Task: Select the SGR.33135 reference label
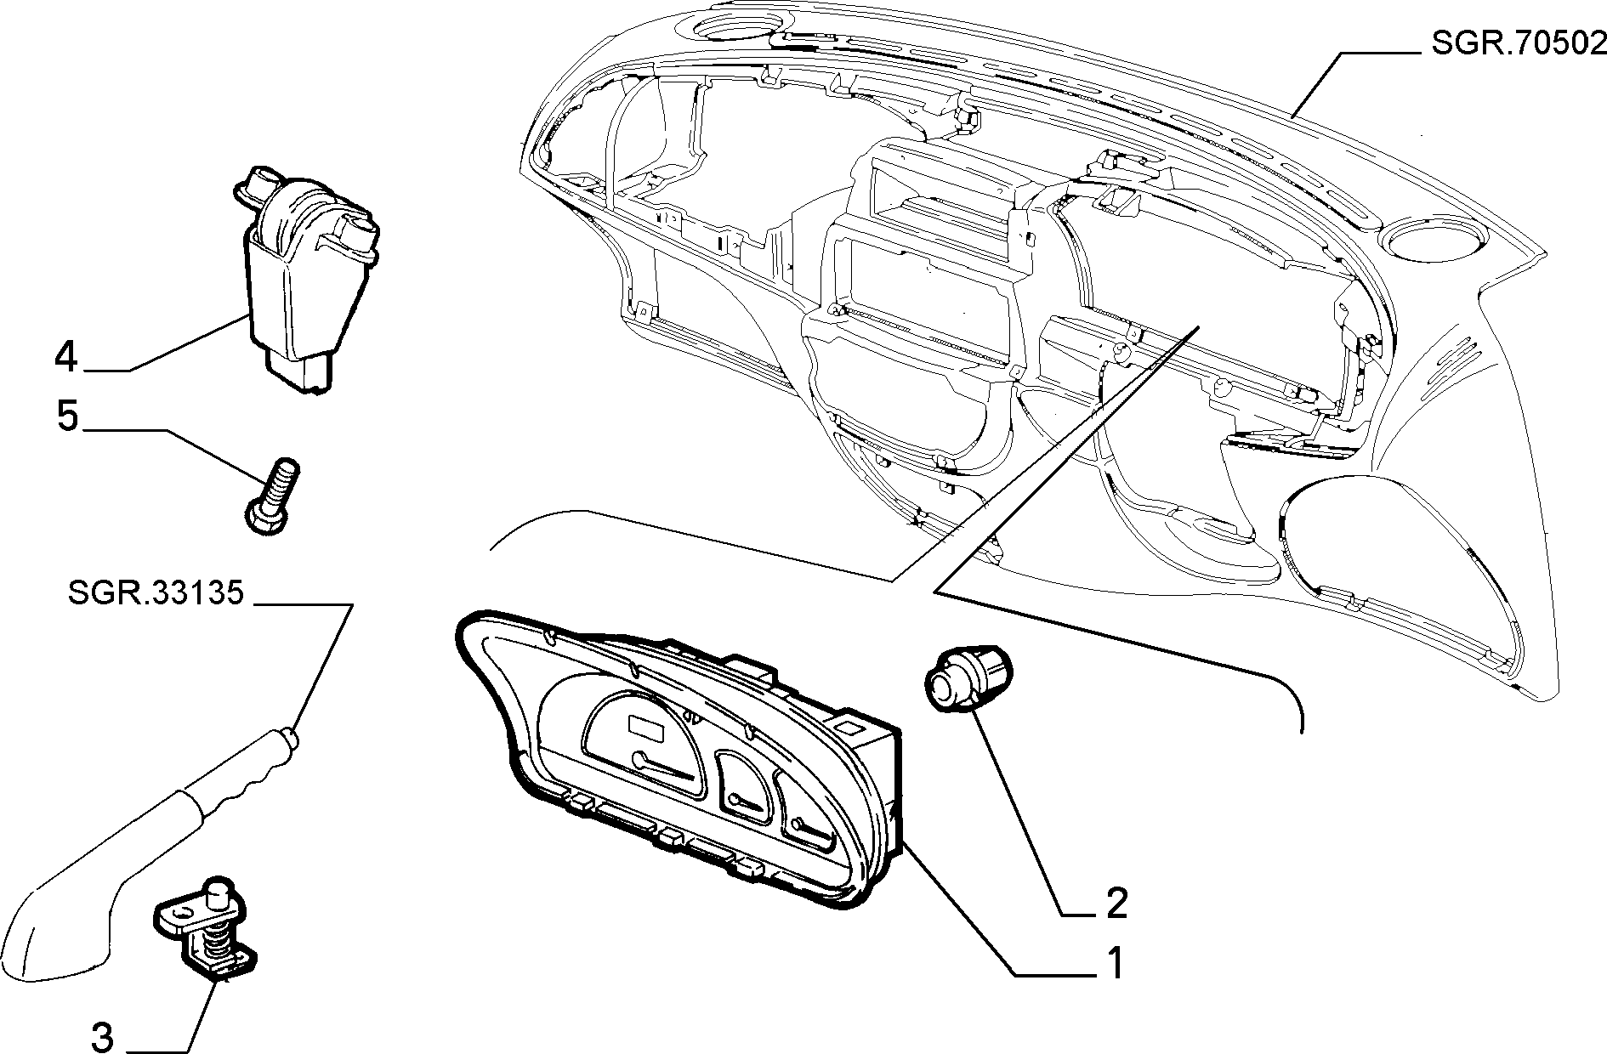click(x=156, y=592)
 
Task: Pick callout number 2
click(x=1116, y=903)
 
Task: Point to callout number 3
click(x=102, y=1037)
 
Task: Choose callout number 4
click(x=65, y=357)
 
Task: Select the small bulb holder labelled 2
click(x=963, y=677)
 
